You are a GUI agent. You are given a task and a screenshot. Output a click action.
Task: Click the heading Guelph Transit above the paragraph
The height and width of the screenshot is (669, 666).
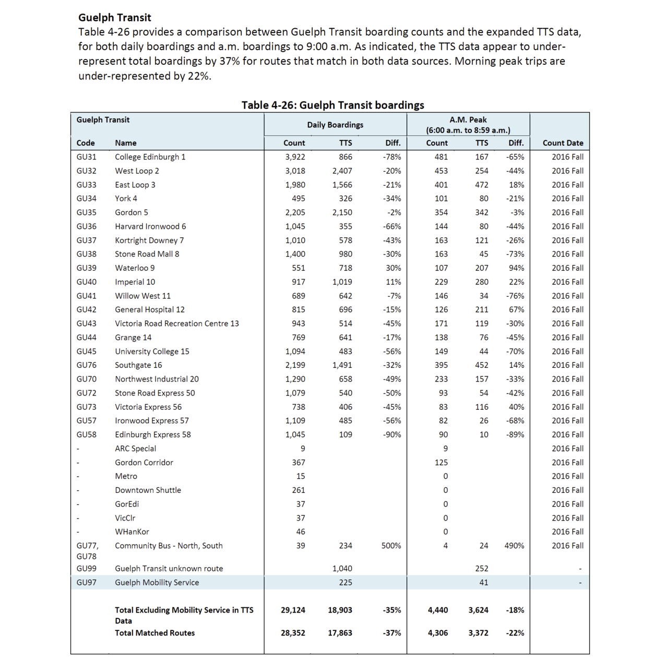pyautogui.click(x=115, y=18)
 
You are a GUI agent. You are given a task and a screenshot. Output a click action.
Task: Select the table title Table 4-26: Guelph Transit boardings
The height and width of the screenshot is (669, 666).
pyautogui.click(x=332, y=105)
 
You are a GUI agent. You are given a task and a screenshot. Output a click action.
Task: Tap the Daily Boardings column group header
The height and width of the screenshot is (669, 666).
pyautogui.click(x=335, y=125)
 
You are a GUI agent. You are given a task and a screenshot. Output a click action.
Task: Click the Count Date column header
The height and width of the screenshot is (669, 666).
pyautogui.click(x=563, y=143)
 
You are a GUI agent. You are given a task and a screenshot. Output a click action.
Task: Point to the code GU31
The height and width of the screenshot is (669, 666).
pyautogui.click(x=86, y=157)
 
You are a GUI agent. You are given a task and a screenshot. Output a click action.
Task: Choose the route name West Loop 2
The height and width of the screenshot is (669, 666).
pyautogui.click(x=137, y=171)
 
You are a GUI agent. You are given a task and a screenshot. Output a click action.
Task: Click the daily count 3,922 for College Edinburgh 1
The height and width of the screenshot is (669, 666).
pyautogui.click(x=295, y=157)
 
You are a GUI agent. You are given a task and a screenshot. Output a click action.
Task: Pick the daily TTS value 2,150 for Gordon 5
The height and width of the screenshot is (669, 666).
pyautogui.click(x=342, y=213)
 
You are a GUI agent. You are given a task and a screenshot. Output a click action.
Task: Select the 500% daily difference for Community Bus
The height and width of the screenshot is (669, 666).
pyautogui.click(x=391, y=546)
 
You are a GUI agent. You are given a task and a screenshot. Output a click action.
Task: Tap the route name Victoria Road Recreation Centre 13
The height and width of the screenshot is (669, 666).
pyautogui.click(x=176, y=324)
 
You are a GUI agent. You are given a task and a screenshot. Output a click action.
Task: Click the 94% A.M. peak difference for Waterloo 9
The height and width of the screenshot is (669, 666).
pyautogui.click(x=516, y=268)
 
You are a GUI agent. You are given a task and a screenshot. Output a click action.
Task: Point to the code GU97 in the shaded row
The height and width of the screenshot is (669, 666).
pyautogui.click(x=86, y=583)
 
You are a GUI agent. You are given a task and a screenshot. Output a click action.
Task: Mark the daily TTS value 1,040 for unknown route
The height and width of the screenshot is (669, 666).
pyautogui.click(x=342, y=569)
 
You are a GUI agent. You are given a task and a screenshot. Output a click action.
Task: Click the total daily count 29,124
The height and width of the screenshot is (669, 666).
pyautogui.click(x=293, y=610)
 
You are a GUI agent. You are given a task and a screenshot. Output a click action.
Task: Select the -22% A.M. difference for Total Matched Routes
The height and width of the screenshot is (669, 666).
pyautogui.click(x=515, y=633)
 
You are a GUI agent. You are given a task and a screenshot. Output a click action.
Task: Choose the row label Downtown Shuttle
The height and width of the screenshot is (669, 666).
pyautogui.click(x=148, y=490)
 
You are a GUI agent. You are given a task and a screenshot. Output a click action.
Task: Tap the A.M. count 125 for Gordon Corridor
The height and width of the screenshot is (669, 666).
pyautogui.click(x=441, y=463)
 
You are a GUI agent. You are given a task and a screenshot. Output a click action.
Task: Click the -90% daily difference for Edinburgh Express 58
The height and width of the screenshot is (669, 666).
pyautogui.click(x=391, y=435)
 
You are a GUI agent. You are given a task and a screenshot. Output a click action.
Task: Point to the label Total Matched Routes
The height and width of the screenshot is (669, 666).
pyautogui.click(x=154, y=633)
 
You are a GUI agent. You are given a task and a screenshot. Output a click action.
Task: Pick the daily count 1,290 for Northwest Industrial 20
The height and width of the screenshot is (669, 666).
pyautogui.click(x=295, y=379)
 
